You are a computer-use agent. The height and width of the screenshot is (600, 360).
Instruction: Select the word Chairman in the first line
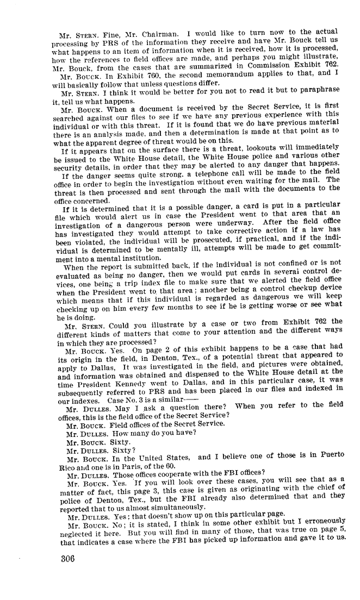pos(154,31)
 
